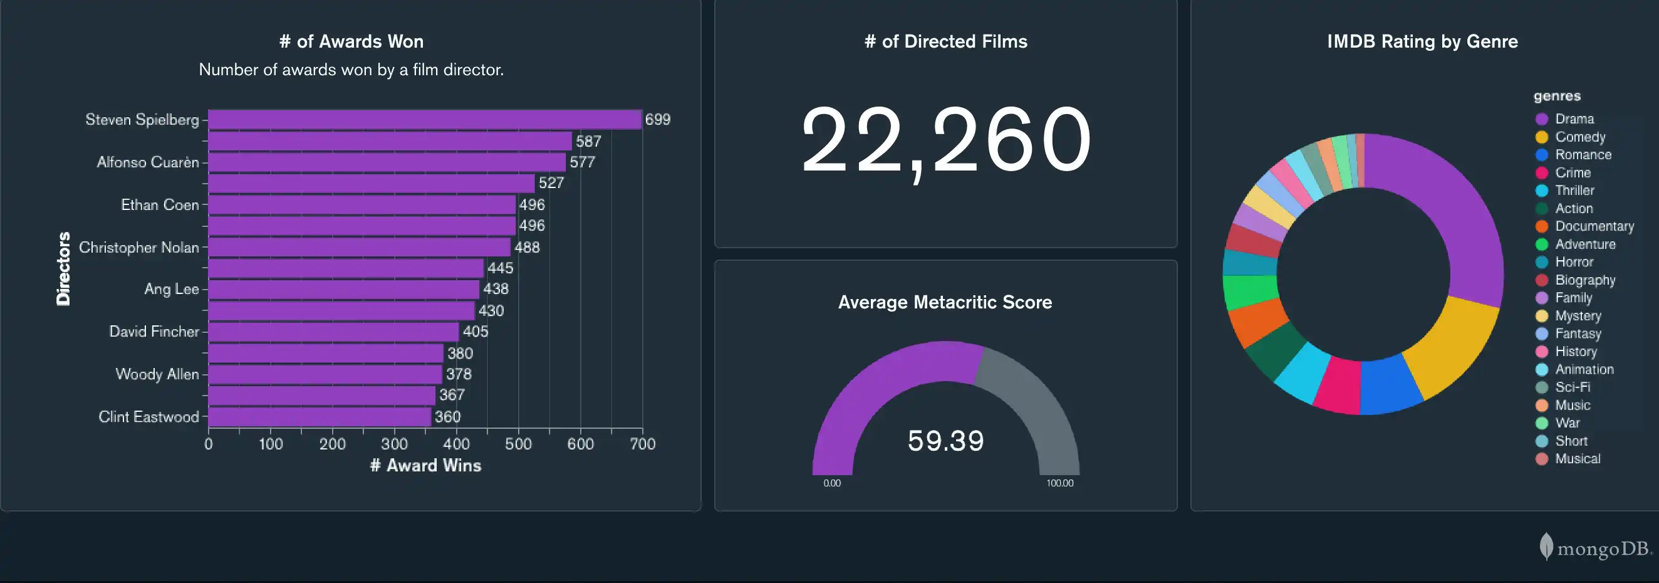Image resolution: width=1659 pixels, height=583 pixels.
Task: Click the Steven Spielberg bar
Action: click(425, 120)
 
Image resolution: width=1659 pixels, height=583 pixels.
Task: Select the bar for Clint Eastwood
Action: click(320, 417)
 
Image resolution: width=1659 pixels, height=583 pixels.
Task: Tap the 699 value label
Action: click(658, 120)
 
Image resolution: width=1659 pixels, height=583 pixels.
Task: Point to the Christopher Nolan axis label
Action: click(139, 248)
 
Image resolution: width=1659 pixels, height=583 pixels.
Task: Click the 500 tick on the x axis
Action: click(517, 444)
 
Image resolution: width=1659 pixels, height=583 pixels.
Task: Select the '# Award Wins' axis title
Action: click(425, 465)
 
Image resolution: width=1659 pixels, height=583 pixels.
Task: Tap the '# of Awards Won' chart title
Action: click(351, 41)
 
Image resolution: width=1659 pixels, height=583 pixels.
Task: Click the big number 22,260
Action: click(945, 140)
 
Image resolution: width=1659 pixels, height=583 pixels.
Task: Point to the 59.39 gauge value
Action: click(945, 441)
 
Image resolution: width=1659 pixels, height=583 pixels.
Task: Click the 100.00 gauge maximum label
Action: click(1059, 483)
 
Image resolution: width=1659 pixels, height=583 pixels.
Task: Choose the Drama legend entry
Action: click(1573, 119)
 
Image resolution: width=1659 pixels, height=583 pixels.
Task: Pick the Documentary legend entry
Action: click(1593, 226)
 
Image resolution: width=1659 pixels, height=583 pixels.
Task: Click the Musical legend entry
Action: click(1576, 459)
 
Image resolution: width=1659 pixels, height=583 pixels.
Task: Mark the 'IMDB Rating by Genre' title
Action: click(1422, 41)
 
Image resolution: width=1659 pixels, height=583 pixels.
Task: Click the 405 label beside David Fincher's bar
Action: click(476, 332)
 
